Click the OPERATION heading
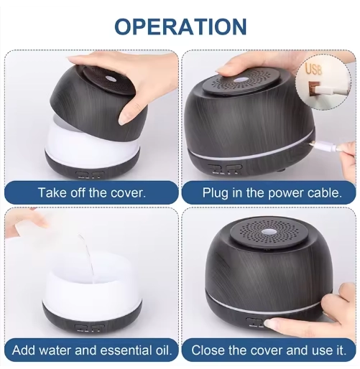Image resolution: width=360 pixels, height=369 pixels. tap(180, 27)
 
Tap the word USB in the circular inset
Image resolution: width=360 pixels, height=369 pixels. tap(313, 69)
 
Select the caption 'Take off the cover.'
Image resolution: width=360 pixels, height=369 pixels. tap(92, 192)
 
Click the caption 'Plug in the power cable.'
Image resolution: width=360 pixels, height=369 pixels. tap(272, 192)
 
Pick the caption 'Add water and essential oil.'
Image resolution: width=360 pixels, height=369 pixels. tap(92, 350)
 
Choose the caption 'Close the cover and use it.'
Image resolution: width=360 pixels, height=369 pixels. tap(269, 350)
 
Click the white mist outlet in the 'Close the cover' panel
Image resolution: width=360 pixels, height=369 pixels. tap(268, 232)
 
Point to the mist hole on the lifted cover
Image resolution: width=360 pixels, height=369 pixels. tap(111, 79)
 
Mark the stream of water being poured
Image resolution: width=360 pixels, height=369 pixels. tap(88, 258)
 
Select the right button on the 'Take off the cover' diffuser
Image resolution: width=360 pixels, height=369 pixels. tap(98, 174)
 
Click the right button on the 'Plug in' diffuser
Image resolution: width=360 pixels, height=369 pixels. tap(234, 167)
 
